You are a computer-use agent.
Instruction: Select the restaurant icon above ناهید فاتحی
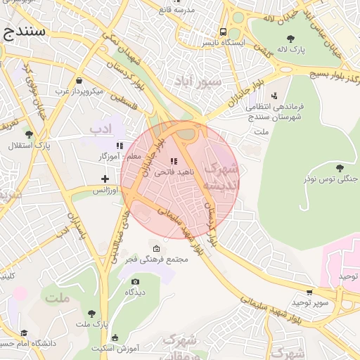[x=173, y=161]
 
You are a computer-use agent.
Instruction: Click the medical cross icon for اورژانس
[x=105, y=179]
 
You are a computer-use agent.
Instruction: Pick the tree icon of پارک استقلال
[x=29, y=134]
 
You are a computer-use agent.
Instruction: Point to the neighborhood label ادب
[x=101, y=128]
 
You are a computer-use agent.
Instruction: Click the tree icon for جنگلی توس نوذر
[x=340, y=168]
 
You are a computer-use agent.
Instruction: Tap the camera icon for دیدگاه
[x=135, y=281]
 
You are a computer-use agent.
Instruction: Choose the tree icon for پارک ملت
[x=91, y=314]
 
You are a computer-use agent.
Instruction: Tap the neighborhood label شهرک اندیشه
[x=220, y=176]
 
